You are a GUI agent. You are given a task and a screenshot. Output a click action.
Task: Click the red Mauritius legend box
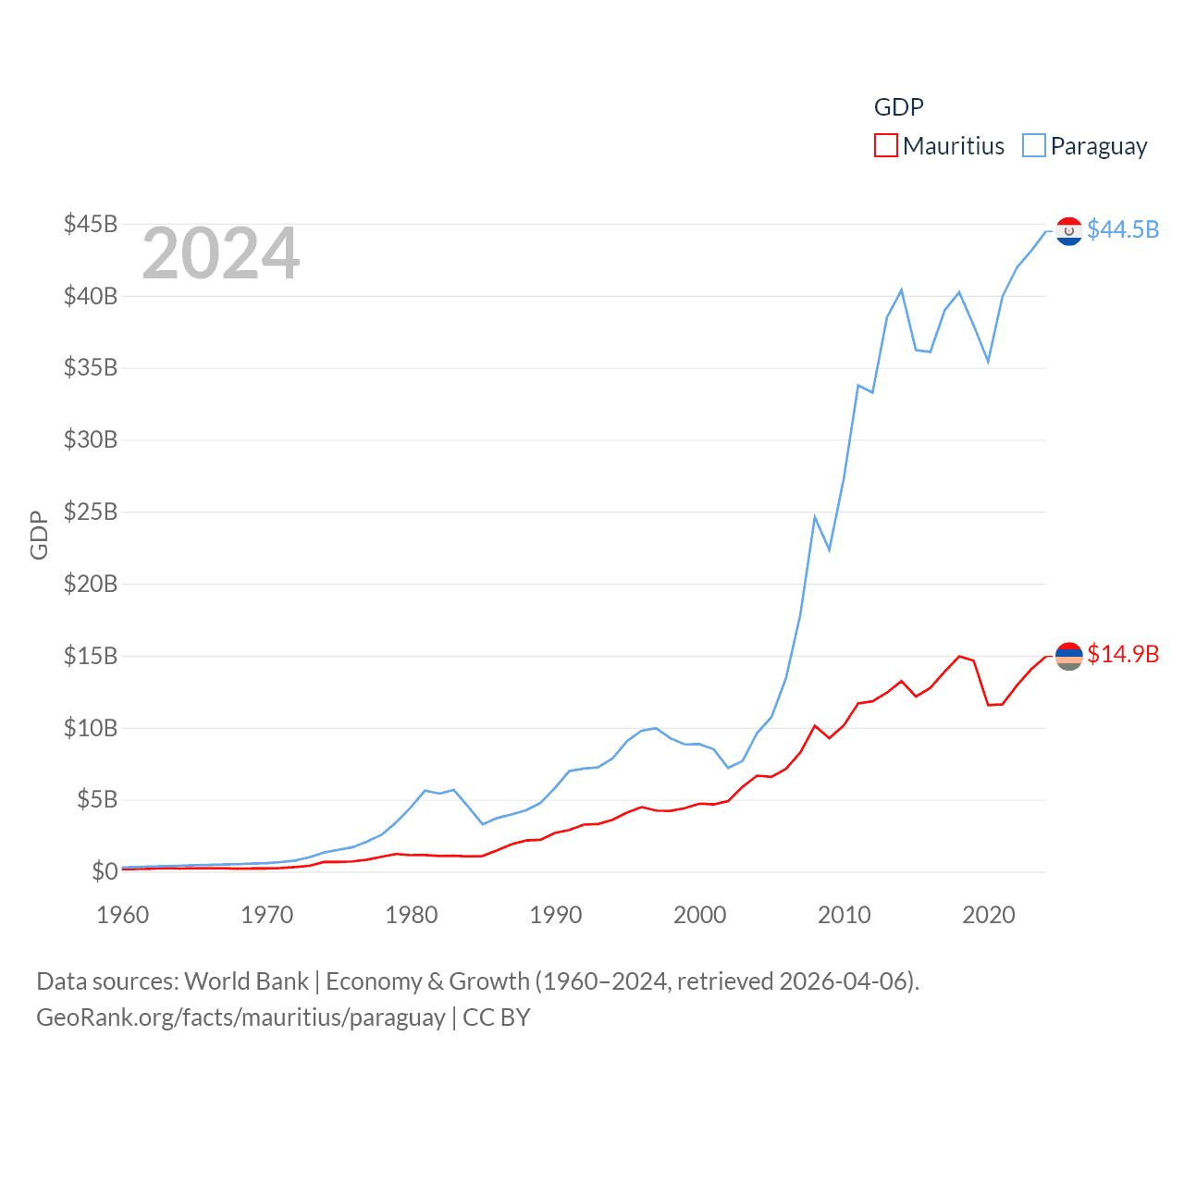885,146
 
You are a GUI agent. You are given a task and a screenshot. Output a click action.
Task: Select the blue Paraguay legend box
1033,146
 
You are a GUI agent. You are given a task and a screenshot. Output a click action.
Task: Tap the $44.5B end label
1123,229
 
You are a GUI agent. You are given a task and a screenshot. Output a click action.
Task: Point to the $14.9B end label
1123,654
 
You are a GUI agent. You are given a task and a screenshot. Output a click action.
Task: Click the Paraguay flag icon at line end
1068,231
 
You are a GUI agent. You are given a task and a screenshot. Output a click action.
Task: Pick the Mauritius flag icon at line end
1068,656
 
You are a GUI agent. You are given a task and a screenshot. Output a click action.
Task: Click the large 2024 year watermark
220,253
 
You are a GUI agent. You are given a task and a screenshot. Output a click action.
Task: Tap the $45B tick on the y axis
91,224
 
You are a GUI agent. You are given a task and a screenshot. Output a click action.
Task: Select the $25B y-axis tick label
91,512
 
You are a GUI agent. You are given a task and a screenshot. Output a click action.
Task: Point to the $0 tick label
105,871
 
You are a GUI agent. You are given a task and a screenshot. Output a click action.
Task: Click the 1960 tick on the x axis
123,915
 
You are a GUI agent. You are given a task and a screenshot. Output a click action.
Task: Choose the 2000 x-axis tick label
700,915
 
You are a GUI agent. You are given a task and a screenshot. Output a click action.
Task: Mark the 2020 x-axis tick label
989,915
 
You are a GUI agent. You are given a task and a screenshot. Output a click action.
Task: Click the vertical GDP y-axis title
39,535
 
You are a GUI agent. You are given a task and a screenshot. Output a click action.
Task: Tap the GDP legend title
898,107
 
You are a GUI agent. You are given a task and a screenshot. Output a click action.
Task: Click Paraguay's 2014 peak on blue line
901,290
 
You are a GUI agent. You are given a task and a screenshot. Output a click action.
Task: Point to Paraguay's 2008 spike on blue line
815,517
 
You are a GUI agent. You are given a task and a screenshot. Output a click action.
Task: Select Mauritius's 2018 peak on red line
959,656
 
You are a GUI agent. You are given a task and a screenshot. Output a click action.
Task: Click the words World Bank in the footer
246,980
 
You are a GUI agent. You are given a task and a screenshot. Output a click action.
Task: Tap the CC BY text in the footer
497,1017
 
